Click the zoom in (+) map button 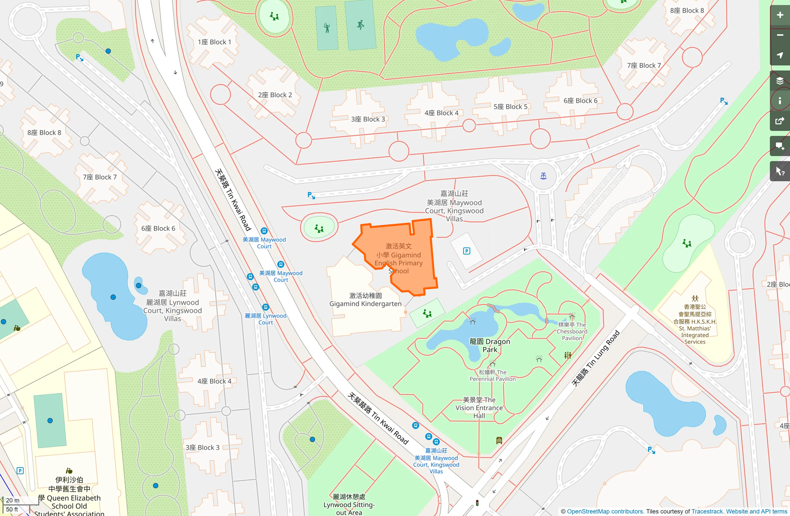(x=780, y=15)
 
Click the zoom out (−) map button (x=780, y=35)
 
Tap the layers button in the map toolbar (x=780, y=81)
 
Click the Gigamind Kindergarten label (x=365, y=300)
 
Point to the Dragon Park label (x=489, y=345)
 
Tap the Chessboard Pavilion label (x=572, y=331)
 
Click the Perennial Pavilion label (x=493, y=375)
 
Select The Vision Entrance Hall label (x=479, y=407)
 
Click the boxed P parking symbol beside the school (x=466, y=251)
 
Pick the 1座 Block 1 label (x=214, y=42)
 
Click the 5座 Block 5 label (x=510, y=107)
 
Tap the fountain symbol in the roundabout (x=543, y=176)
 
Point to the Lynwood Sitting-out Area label (x=349, y=504)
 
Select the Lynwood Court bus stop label (x=265, y=319)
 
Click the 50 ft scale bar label (x=12, y=509)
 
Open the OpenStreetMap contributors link (x=605, y=511)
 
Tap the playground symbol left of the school (x=319, y=229)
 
